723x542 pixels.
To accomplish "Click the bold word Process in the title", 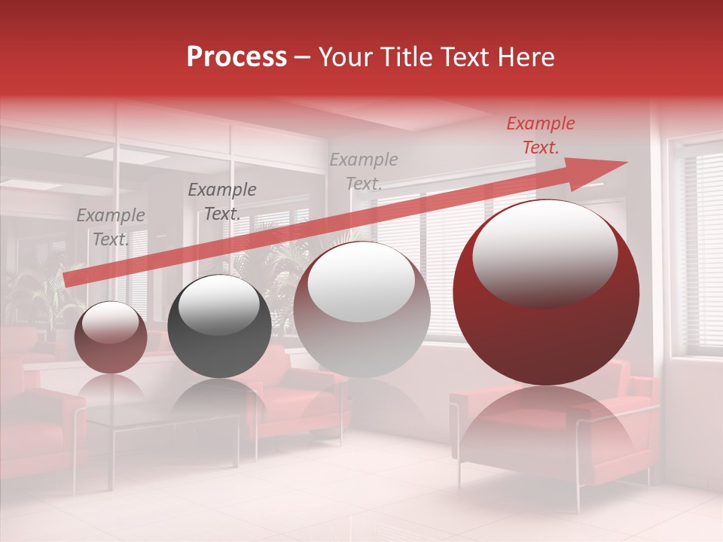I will tap(236, 57).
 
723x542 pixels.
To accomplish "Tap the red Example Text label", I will tap(541, 135).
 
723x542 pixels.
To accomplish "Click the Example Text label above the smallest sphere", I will tap(111, 227).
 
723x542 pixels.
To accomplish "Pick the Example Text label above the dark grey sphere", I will tap(222, 202).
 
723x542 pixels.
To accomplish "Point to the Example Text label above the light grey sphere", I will tap(364, 171).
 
